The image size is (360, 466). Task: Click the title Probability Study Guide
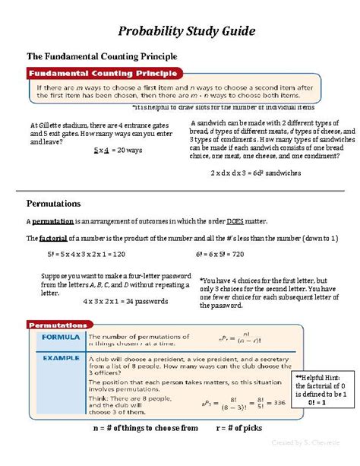click(x=179, y=31)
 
